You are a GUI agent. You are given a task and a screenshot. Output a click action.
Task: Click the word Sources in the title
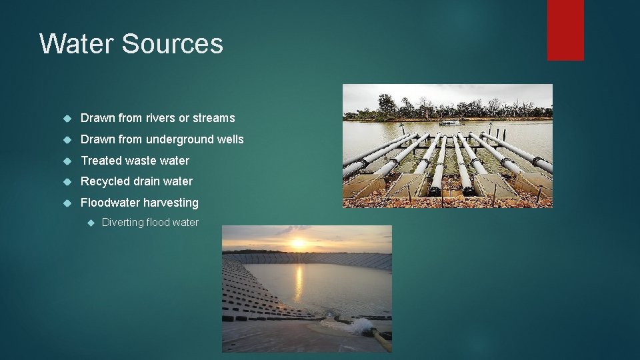(x=173, y=44)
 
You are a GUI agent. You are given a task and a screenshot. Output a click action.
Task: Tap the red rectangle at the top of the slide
(x=565, y=30)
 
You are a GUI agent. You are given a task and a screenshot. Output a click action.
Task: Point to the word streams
(x=214, y=118)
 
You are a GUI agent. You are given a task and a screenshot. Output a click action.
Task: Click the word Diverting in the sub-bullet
(x=123, y=223)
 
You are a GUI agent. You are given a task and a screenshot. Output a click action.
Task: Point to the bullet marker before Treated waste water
(x=66, y=161)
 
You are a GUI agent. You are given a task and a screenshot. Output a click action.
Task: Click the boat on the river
(x=451, y=122)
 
